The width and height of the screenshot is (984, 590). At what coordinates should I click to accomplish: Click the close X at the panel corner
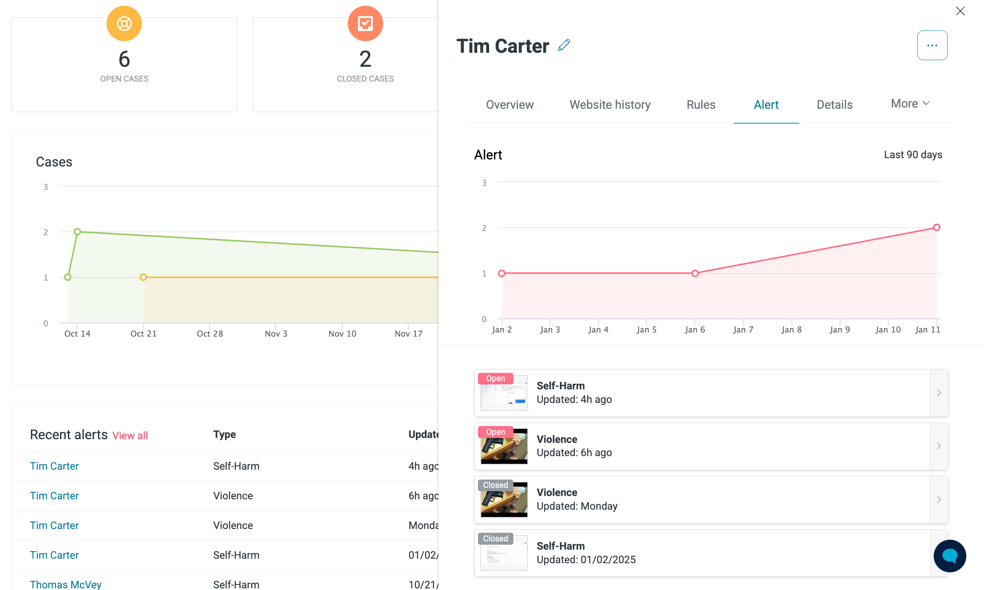click(x=960, y=11)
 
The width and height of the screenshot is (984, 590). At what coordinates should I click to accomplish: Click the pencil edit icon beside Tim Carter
click(x=564, y=45)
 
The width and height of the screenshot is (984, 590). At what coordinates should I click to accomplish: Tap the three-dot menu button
click(x=932, y=45)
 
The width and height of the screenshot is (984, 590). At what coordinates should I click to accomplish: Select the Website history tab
click(x=610, y=105)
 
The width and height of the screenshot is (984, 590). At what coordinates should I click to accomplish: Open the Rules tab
click(x=701, y=105)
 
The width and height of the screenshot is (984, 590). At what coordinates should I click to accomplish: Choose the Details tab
click(x=835, y=105)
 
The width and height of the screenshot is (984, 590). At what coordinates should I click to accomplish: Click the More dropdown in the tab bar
click(x=910, y=103)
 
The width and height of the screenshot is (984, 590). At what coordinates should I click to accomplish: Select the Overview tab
click(x=510, y=105)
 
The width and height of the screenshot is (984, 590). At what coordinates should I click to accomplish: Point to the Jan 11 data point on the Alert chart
click(x=937, y=227)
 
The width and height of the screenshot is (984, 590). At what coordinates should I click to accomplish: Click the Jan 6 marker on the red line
click(x=695, y=273)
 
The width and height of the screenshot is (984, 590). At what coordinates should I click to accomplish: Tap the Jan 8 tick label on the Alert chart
click(x=791, y=330)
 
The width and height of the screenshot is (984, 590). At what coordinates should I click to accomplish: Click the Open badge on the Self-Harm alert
click(x=495, y=378)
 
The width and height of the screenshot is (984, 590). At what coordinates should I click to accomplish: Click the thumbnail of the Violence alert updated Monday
click(x=504, y=500)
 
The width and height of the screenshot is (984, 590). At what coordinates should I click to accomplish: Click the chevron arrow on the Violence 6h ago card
click(x=939, y=446)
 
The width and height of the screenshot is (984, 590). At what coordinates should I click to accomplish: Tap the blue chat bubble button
click(x=950, y=556)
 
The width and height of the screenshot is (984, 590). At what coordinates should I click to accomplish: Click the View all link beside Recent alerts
click(x=130, y=435)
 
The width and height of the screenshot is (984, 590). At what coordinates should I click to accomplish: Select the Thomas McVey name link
click(x=65, y=584)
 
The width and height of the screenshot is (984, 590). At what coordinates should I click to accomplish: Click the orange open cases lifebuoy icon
click(x=124, y=23)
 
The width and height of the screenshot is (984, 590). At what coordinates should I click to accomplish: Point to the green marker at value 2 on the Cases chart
click(x=77, y=232)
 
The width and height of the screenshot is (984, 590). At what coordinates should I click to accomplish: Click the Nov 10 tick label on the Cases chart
click(x=342, y=334)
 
